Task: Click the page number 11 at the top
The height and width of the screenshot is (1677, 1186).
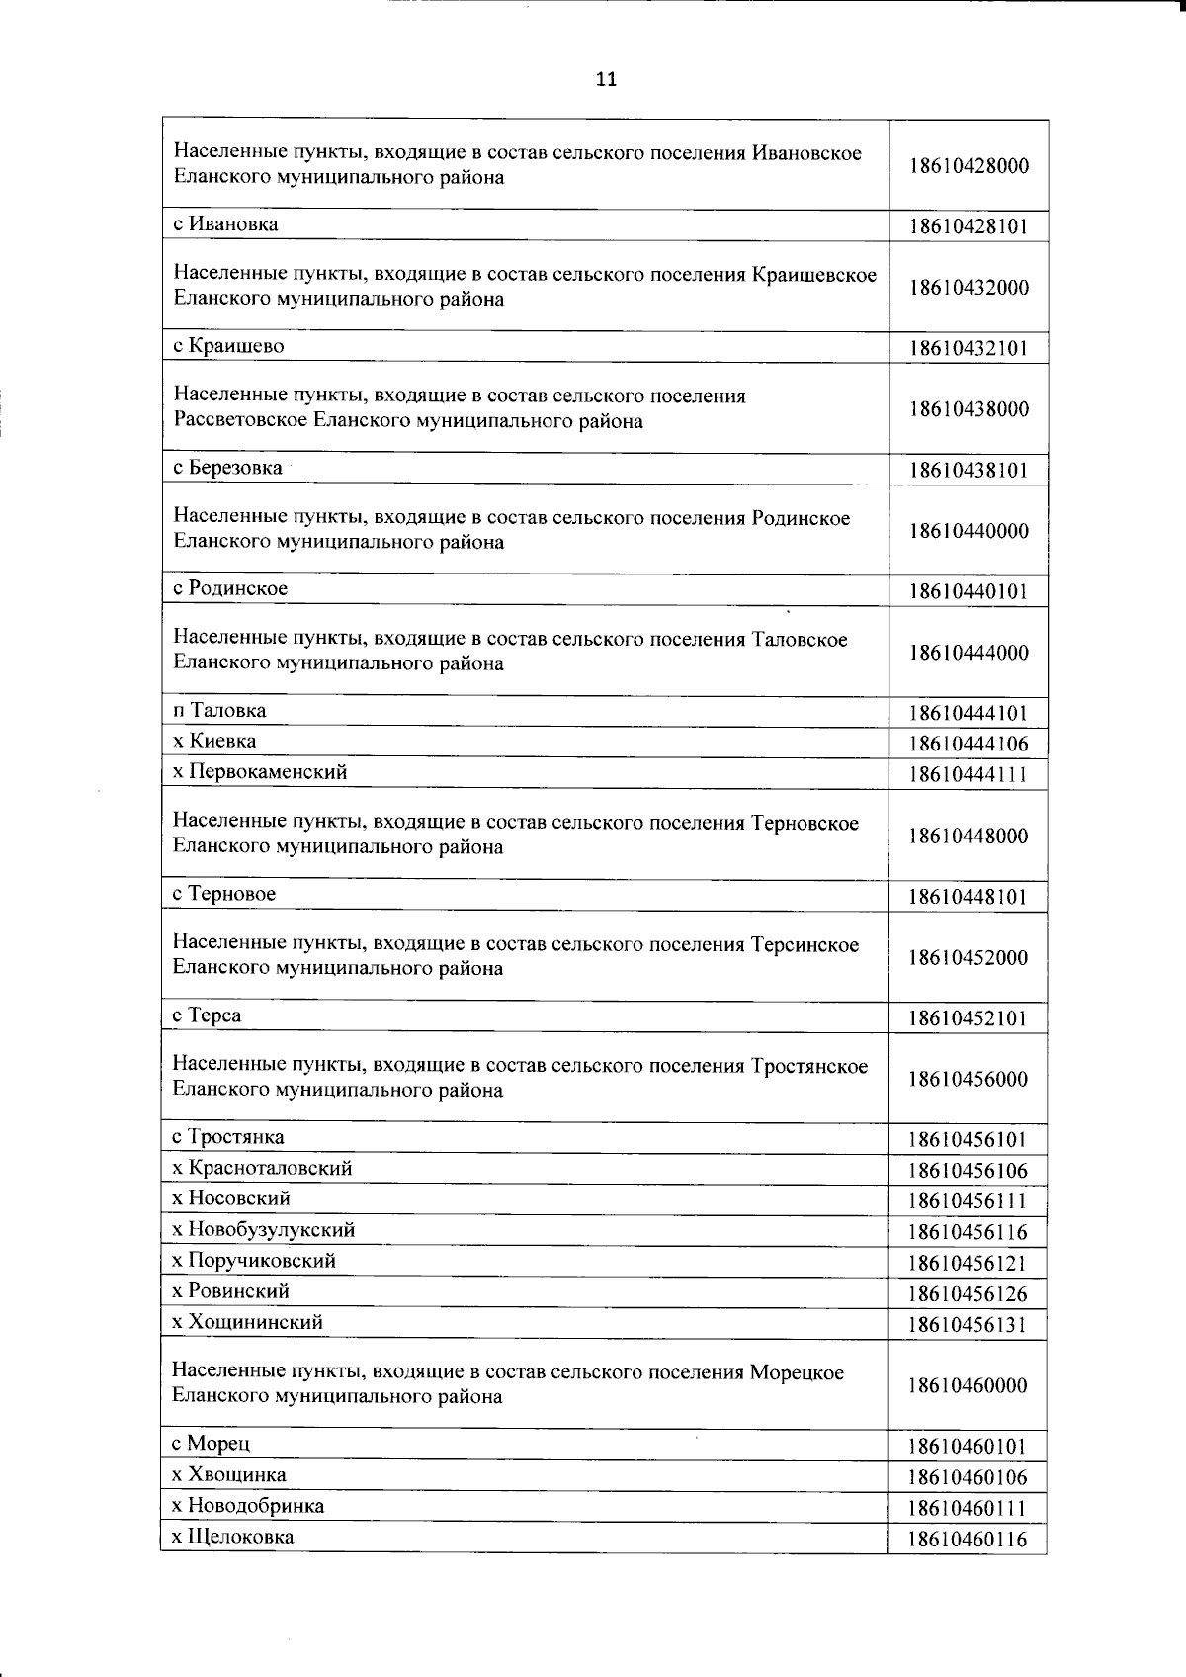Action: click(x=606, y=80)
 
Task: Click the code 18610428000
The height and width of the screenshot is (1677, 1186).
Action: click(x=969, y=166)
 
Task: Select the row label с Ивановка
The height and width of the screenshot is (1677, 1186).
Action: click(x=225, y=224)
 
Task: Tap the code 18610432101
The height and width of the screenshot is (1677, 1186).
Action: click(x=969, y=348)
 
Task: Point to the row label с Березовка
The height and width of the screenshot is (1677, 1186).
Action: click(x=227, y=468)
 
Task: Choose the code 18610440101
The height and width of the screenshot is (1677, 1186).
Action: click(x=969, y=592)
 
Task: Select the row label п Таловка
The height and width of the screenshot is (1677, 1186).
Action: click(x=219, y=711)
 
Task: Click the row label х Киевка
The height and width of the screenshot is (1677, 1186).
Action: click(x=214, y=742)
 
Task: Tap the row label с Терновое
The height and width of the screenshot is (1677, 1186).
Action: click(x=224, y=894)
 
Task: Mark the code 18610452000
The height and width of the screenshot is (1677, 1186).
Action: click(x=969, y=958)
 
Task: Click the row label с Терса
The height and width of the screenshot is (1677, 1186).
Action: click(x=207, y=1015)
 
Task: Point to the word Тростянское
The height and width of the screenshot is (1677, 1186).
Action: click(x=809, y=1066)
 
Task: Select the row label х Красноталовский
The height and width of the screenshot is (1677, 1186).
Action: click(x=262, y=1168)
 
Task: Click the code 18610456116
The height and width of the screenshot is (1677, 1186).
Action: click(x=969, y=1233)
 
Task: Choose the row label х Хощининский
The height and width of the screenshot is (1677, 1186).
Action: click(x=247, y=1322)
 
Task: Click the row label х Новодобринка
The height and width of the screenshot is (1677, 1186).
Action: click(x=248, y=1506)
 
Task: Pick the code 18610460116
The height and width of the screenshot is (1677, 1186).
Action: click(x=969, y=1540)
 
